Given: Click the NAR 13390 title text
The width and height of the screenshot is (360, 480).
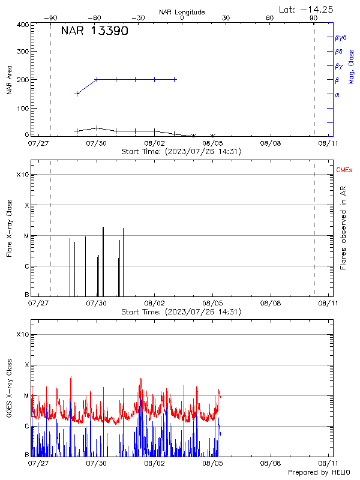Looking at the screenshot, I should click(94, 32).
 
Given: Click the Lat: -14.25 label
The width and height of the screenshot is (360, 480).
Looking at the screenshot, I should click(307, 9).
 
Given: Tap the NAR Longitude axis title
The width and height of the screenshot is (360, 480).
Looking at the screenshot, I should click(182, 12).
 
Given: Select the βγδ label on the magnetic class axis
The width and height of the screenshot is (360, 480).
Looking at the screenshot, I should click(340, 37).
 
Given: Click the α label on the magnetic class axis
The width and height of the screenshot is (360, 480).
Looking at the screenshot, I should click(337, 95).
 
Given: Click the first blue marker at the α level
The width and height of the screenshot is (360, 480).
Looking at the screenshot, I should click(77, 94).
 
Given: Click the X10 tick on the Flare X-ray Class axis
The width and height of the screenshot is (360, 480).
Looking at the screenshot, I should click(22, 175).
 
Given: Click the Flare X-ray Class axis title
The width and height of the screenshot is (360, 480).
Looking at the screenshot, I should click(10, 233).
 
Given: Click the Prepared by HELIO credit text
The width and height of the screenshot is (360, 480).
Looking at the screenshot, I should click(320, 473).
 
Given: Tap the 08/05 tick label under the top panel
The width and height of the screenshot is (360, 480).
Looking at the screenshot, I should click(212, 143).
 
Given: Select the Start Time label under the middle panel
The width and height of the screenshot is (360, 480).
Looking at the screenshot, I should click(181, 312).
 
